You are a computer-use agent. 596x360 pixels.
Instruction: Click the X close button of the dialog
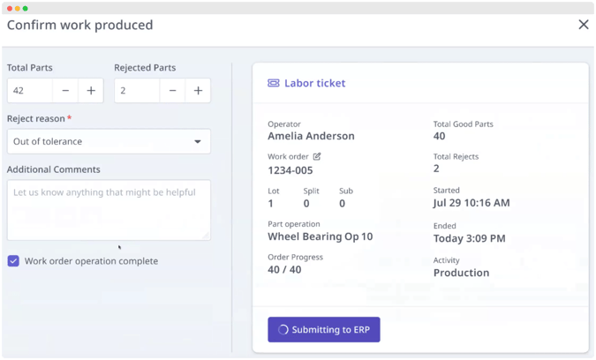(x=583, y=25)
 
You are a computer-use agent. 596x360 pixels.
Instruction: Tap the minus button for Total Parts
(x=65, y=91)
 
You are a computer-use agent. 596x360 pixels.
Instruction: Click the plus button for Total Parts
(x=91, y=91)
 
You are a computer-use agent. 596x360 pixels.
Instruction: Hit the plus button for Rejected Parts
(x=198, y=91)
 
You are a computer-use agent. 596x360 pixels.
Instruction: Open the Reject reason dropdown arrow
(x=198, y=141)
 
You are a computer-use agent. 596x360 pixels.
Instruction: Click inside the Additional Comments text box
(x=109, y=210)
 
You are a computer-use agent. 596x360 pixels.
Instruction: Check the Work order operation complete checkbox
(x=13, y=261)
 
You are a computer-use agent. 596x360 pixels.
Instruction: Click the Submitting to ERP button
(x=324, y=329)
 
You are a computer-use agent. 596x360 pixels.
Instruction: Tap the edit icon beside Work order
(x=317, y=156)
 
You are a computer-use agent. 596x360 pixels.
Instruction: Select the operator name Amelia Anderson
(x=311, y=137)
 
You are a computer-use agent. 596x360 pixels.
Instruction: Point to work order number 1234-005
(x=290, y=170)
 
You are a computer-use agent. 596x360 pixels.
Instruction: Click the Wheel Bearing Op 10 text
(x=320, y=236)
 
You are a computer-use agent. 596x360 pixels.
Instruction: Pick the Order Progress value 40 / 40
(x=284, y=270)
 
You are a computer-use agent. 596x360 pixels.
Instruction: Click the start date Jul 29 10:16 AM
(x=472, y=203)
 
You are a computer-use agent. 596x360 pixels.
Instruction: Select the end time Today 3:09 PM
(x=469, y=238)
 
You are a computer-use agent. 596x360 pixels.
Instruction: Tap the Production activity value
(x=461, y=273)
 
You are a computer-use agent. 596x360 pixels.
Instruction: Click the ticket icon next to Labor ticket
(x=274, y=83)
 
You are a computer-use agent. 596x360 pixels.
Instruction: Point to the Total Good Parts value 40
(x=440, y=137)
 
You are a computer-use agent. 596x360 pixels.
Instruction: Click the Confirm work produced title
(x=80, y=25)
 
